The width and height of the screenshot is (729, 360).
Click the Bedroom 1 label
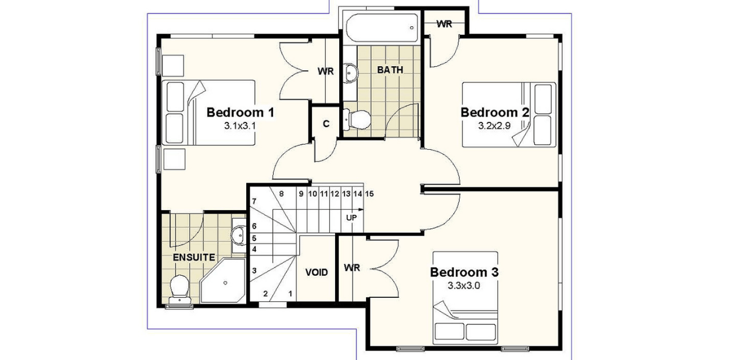tap(240, 111)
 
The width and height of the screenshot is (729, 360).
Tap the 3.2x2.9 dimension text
tap(494, 125)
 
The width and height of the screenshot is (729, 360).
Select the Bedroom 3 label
tap(464, 272)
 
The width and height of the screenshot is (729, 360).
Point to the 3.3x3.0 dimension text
tap(464, 286)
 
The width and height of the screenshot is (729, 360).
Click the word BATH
tap(390, 70)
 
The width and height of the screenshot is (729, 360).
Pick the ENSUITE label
tap(194, 257)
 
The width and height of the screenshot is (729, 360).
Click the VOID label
tap(317, 272)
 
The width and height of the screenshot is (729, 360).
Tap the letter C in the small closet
tap(326, 123)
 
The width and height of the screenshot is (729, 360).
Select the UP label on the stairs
tap(351, 217)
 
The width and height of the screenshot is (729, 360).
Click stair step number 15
tap(369, 193)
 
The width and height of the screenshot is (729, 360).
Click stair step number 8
tap(281, 194)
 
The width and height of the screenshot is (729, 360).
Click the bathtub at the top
tap(382, 27)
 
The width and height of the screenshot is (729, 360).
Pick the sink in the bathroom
tap(350, 73)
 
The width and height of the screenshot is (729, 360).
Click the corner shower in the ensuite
tap(224, 283)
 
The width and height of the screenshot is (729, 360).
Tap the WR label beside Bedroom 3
tap(352, 268)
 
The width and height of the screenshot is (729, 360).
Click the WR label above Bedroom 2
tap(444, 24)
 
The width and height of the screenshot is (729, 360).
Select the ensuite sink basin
tap(238, 236)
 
